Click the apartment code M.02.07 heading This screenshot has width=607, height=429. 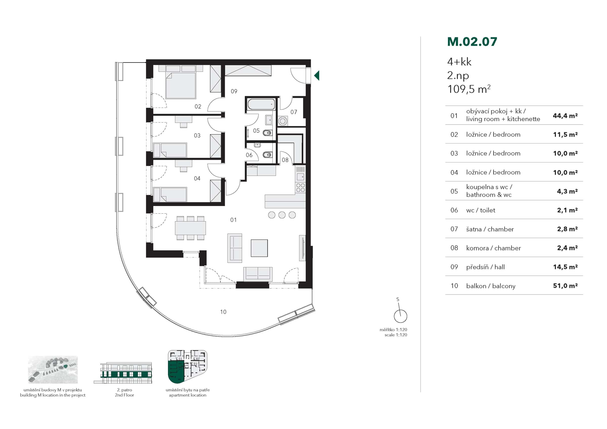pyautogui.click(x=472, y=42)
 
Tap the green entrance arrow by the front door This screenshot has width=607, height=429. pyautogui.click(x=317, y=76)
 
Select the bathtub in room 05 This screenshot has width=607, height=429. pyautogui.click(x=261, y=105)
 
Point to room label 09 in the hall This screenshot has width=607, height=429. pyautogui.click(x=234, y=92)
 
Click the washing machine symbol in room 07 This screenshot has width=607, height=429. pyautogui.click(x=283, y=121)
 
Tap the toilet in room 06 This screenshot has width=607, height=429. pyautogui.click(x=268, y=155)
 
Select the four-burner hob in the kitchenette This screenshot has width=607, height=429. pyautogui.click(x=300, y=187)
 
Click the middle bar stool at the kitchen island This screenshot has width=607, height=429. pyautogui.click(x=282, y=215)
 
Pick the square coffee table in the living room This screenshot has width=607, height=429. pyautogui.click(x=259, y=248)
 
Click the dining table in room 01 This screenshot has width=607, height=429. pyautogui.click(x=190, y=228)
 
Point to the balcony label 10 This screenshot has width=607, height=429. pyautogui.click(x=223, y=312)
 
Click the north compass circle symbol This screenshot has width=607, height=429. pyautogui.click(x=400, y=316)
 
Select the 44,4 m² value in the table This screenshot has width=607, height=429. pyautogui.click(x=565, y=116)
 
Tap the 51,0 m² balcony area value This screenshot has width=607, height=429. pyautogui.click(x=565, y=285)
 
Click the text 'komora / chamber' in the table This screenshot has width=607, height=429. pyautogui.click(x=493, y=248)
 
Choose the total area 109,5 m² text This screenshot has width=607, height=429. pyautogui.click(x=468, y=89)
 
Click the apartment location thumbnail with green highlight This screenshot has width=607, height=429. pyautogui.click(x=187, y=367)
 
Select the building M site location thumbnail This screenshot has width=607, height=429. pyautogui.click(x=53, y=370)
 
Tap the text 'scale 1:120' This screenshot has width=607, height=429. pyautogui.click(x=396, y=335)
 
